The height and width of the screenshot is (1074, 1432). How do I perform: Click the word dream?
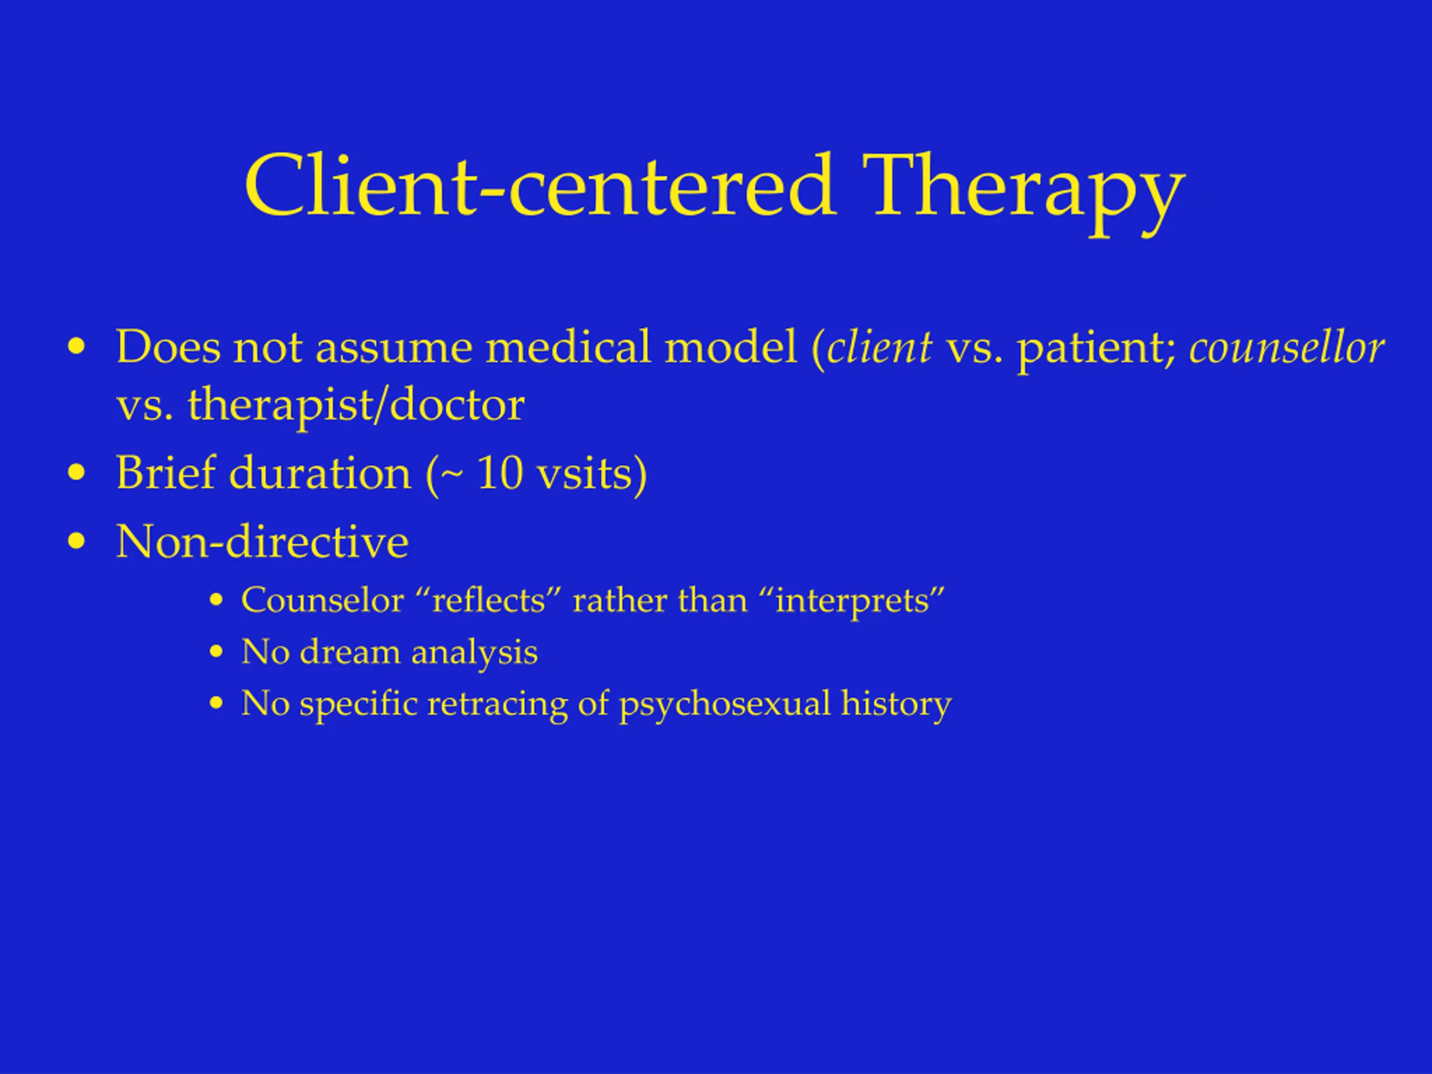(350, 651)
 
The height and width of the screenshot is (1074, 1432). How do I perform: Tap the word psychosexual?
(724, 704)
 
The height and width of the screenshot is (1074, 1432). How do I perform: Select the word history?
(896, 704)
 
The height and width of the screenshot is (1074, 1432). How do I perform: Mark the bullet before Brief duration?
(77, 473)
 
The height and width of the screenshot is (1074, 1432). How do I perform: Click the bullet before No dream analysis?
(216, 652)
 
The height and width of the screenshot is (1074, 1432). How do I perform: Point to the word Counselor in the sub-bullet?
(322, 600)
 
